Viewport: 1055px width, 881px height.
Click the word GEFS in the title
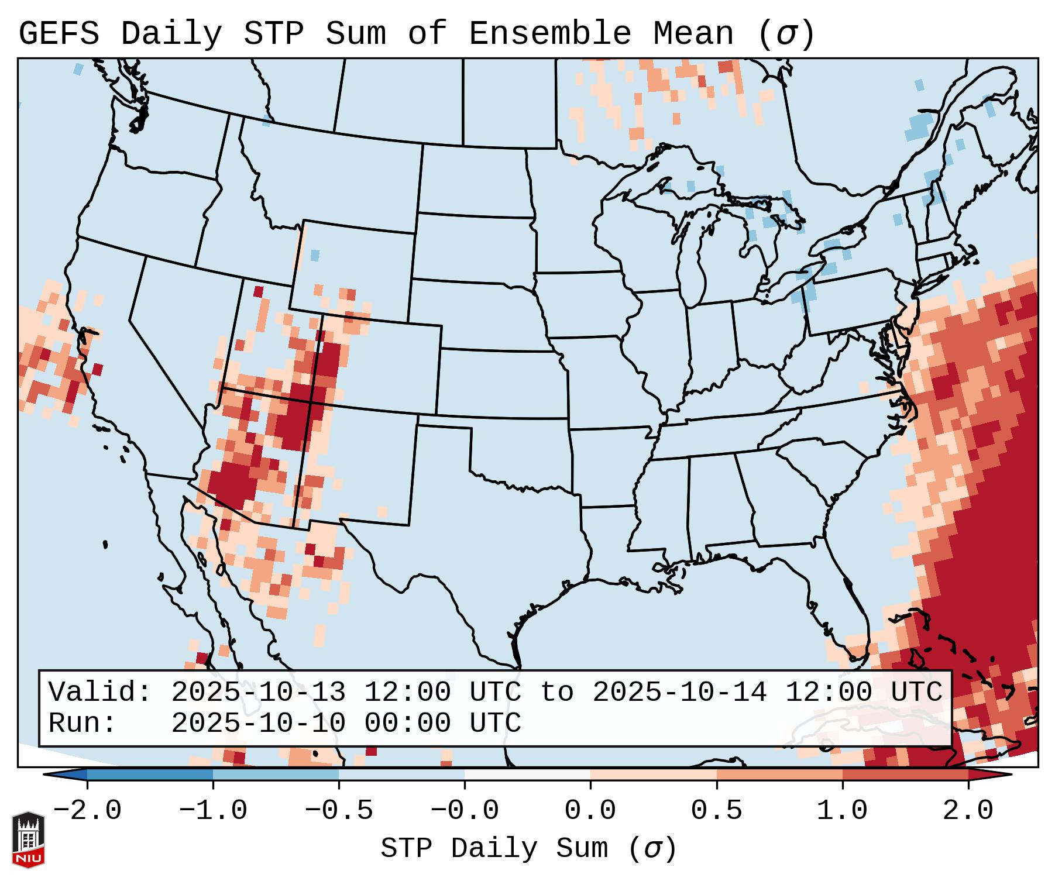pos(59,34)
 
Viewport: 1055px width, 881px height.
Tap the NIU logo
pos(28,839)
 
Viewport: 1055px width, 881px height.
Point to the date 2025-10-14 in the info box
pos(679,692)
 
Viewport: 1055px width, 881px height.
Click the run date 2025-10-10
pos(258,723)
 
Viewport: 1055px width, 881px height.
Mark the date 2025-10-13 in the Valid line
pos(258,692)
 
